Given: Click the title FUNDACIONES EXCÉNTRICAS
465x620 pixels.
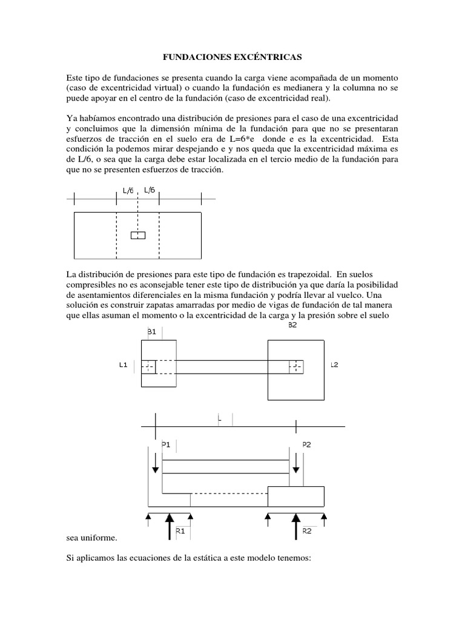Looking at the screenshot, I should pyautogui.click(x=232, y=57).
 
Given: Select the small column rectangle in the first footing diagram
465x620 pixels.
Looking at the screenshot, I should pyautogui.click(x=138, y=235).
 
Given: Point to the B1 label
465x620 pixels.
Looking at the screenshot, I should pyautogui.click(x=151, y=331).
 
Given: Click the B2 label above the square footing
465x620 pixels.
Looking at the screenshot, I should pyautogui.click(x=292, y=325).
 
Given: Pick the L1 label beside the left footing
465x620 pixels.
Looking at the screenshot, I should pyautogui.click(x=123, y=366).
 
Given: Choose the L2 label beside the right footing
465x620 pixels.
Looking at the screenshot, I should pyautogui.click(x=334, y=366).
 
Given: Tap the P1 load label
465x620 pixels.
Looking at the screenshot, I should pyautogui.click(x=166, y=444).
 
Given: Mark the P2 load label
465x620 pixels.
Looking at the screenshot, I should pyautogui.click(x=307, y=444).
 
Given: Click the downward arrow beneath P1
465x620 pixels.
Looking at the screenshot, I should pyautogui.click(x=156, y=463).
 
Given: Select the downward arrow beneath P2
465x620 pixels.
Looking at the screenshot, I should pyautogui.click(x=296, y=463).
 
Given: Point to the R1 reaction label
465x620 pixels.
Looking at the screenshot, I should pyautogui.click(x=180, y=530).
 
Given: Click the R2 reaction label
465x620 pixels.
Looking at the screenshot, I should pyautogui.click(x=306, y=530).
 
